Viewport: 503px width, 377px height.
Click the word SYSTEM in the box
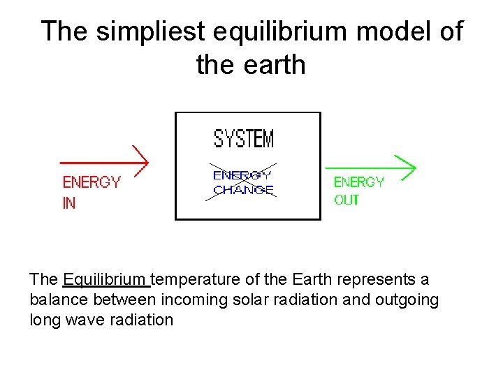pyautogui.click(x=244, y=138)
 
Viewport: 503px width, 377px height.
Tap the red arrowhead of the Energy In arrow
pyautogui.click(x=142, y=161)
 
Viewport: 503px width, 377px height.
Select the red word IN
pyautogui.click(x=69, y=203)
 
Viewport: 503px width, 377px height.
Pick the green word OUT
pyautogui.click(x=347, y=200)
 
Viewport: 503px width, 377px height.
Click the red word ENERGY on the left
pyautogui.click(x=92, y=182)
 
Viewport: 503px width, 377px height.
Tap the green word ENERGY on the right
pyautogui.click(x=359, y=182)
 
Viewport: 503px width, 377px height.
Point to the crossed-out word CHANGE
pyautogui.click(x=243, y=190)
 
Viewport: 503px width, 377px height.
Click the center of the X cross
pyautogui.click(x=241, y=183)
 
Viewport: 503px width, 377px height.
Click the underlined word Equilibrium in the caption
pyautogui.click(x=105, y=279)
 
